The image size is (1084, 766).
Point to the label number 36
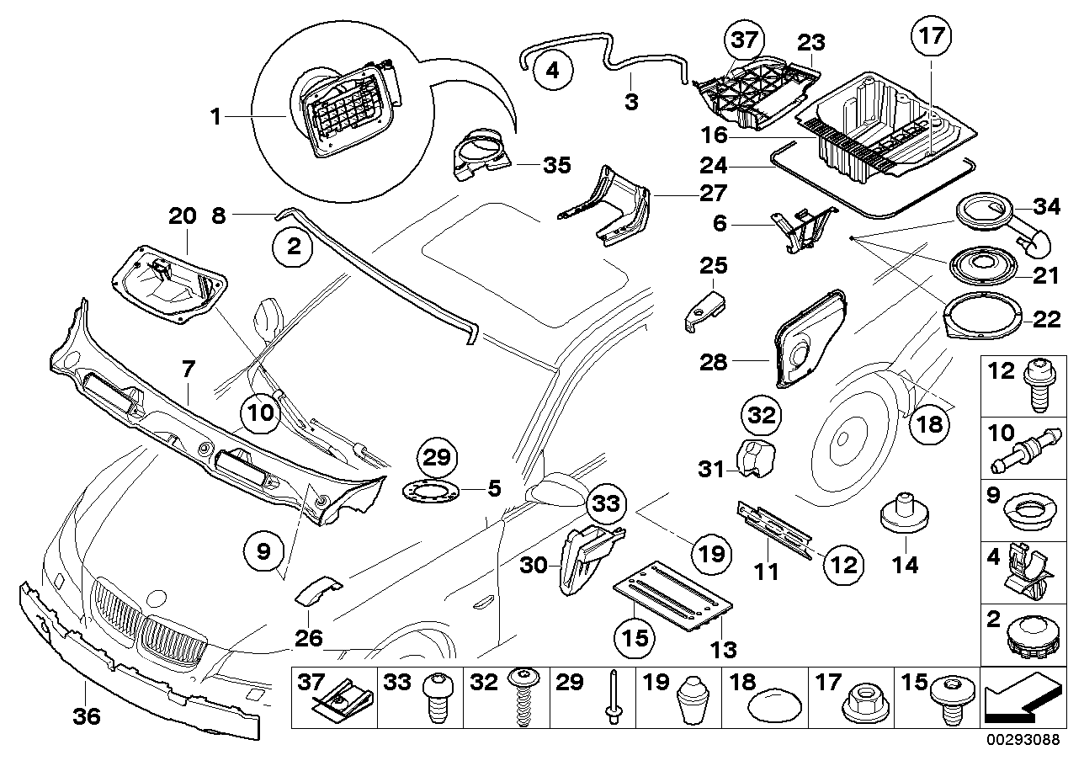click(x=87, y=717)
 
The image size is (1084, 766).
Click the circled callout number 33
click(x=607, y=504)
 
